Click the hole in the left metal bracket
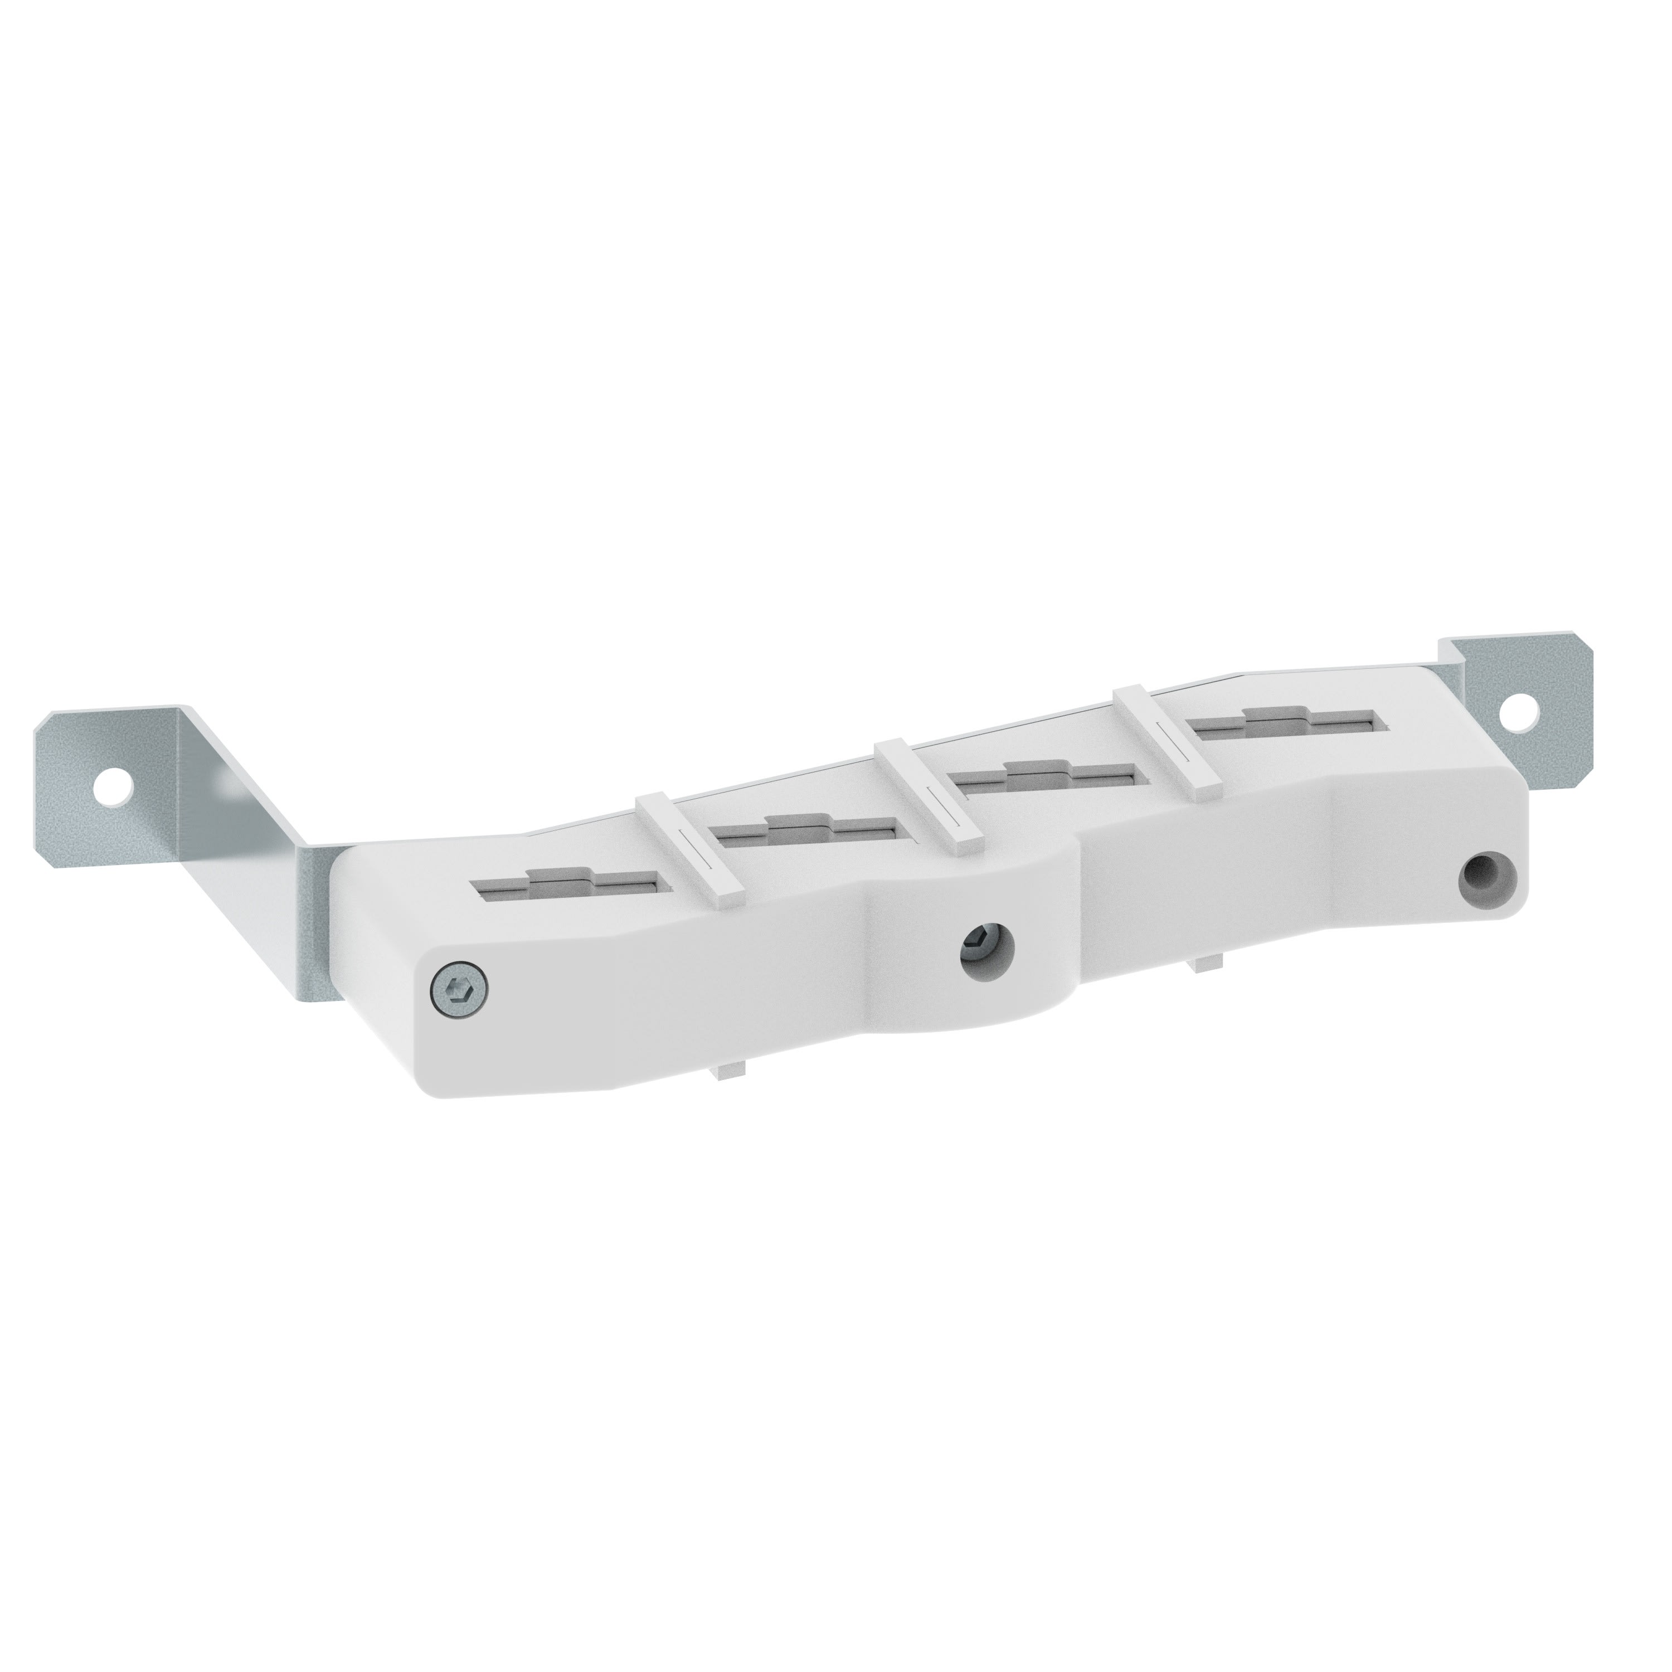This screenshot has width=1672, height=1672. [x=116, y=786]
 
